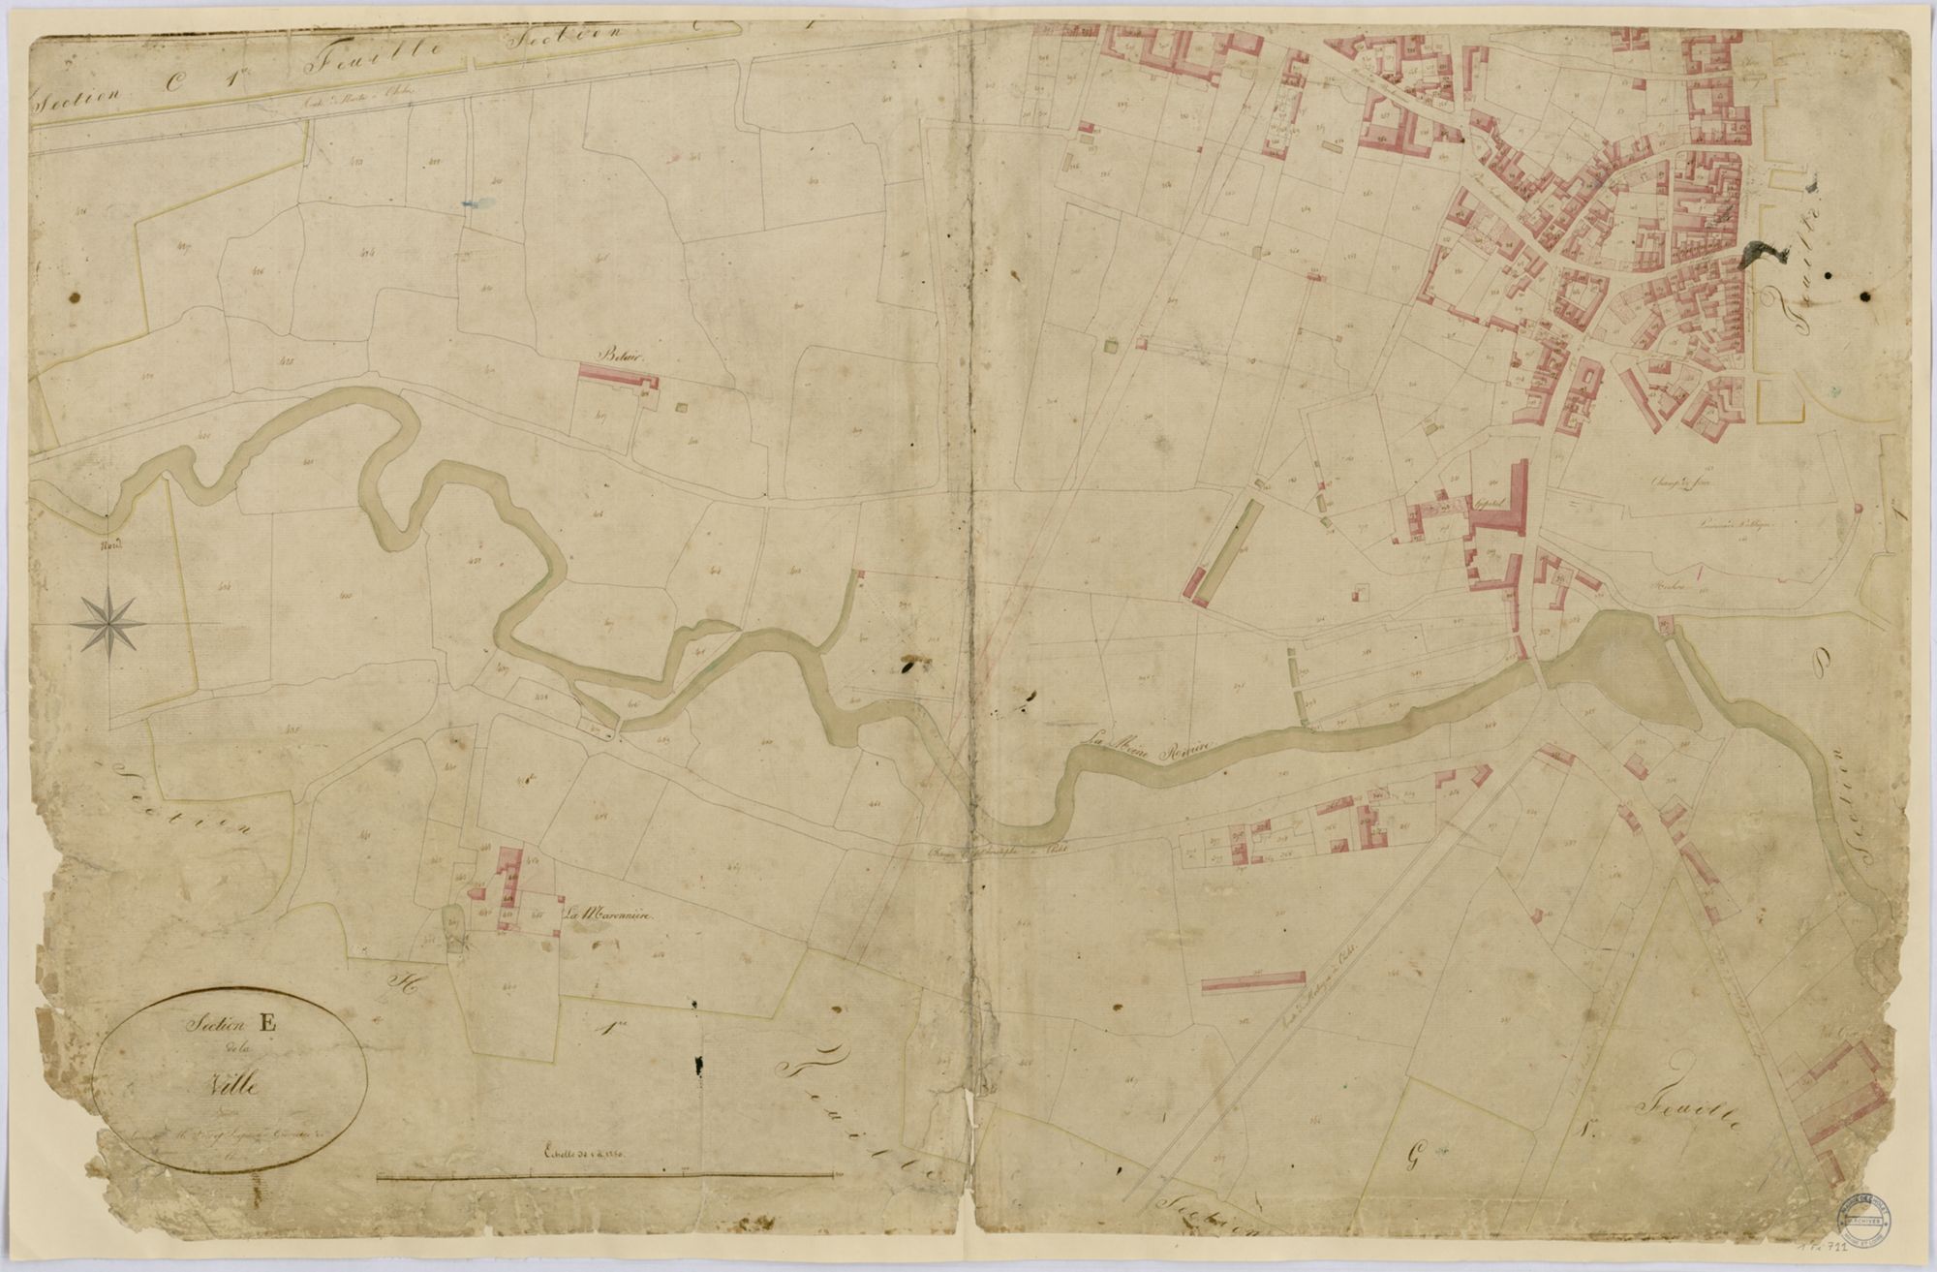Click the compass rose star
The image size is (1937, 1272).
pyautogui.click(x=109, y=621)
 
